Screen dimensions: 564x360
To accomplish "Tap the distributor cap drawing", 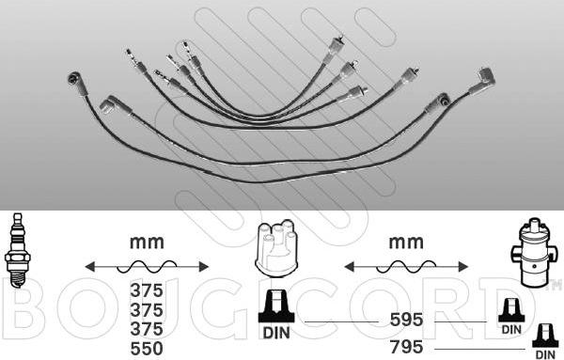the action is (x=276, y=248).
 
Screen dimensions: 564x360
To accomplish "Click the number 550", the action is (x=147, y=349).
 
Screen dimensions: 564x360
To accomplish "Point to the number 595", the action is (x=406, y=320).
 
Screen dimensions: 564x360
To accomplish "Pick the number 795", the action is (x=406, y=347).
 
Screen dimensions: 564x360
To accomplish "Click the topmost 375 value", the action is (x=147, y=290).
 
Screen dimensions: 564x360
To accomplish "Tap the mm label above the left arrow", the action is (x=147, y=243).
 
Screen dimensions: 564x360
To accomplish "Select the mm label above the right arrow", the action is (x=406, y=243).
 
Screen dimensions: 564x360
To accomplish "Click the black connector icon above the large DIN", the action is (x=276, y=306).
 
